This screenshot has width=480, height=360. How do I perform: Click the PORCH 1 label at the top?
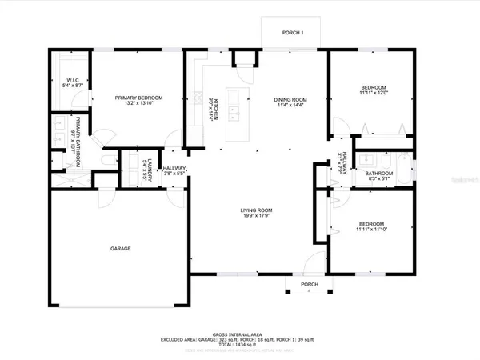pyautogui.click(x=293, y=33)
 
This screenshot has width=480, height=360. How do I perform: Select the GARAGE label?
pyautogui.click(x=120, y=249)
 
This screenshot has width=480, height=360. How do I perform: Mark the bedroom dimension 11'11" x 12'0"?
pyautogui.click(x=373, y=93)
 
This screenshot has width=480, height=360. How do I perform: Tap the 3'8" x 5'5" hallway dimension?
pyautogui.click(x=174, y=173)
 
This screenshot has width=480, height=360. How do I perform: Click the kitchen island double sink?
pyautogui.click(x=232, y=103)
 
